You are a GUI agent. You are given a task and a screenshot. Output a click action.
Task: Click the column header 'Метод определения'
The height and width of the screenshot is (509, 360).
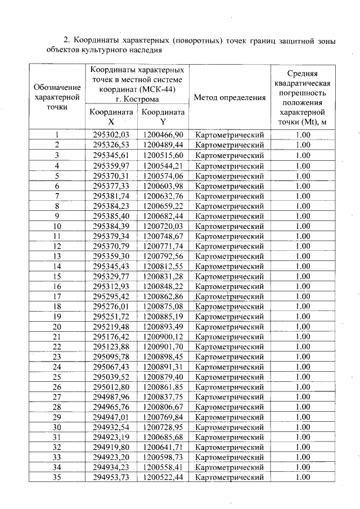(229, 97)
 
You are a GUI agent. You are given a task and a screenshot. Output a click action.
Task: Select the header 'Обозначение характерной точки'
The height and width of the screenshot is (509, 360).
(57, 97)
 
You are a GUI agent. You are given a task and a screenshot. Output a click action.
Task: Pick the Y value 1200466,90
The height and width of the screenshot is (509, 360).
(163, 135)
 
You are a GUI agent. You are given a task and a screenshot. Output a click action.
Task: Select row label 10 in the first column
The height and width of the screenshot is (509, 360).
(57, 226)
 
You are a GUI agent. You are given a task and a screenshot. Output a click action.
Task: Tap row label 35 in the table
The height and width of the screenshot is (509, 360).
(57, 478)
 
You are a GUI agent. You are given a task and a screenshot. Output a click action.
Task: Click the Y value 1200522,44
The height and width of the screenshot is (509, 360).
(163, 478)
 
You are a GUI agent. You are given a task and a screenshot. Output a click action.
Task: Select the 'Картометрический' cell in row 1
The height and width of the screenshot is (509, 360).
(229, 135)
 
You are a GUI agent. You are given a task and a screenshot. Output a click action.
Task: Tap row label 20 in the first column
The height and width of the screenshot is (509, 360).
(57, 327)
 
